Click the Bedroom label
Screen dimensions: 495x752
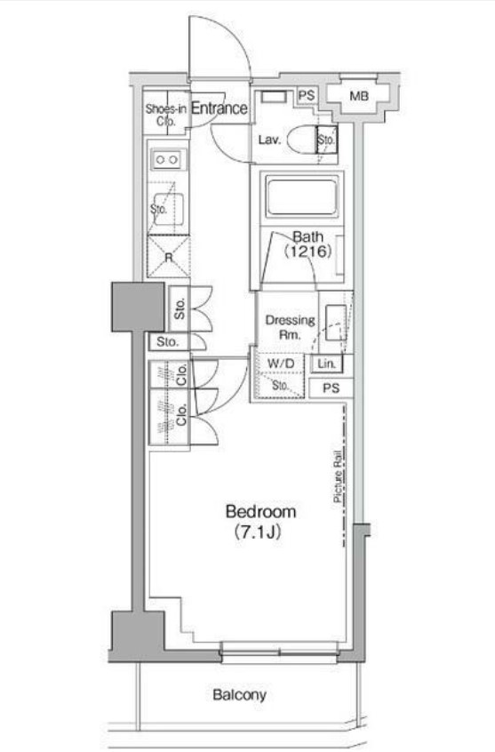[x=260, y=511]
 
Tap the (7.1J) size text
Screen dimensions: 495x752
[x=257, y=532]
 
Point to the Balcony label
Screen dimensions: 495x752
[x=239, y=694]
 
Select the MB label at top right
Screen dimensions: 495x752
[x=359, y=96]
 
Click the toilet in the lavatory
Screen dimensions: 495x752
[x=301, y=140]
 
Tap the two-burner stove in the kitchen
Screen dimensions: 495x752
[x=166, y=160]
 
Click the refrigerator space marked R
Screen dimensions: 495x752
[x=168, y=257]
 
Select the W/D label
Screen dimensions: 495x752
[x=281, y=364]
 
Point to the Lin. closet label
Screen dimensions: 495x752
[x=326, y=364]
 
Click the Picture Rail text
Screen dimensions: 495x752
[x=339, y=476]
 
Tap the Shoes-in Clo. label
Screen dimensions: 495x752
[x=166, y=115]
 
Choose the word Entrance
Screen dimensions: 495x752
[x=220, y=108]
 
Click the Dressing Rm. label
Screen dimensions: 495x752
[x=290, y=326]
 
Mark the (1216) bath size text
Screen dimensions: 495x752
[x=307, y=252]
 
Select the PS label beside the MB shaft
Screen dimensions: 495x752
[x=307, y=95]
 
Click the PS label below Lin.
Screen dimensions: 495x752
[x=331, y=388]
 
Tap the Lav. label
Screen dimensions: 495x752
[x=269, y=140]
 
